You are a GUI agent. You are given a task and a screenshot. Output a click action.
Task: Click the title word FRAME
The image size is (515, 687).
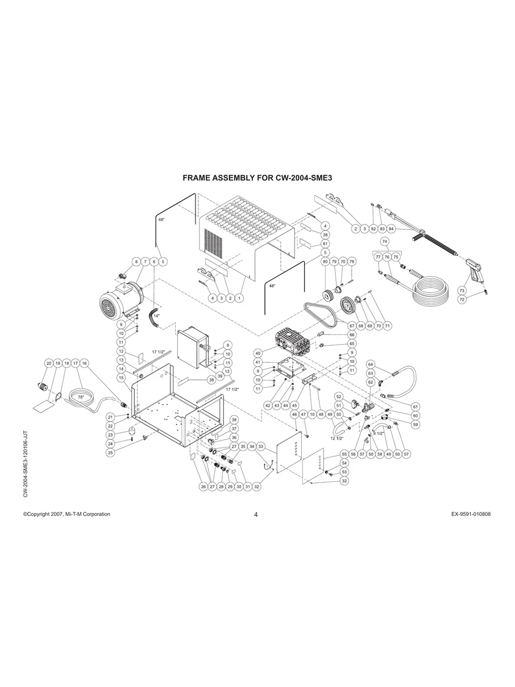[196, 178]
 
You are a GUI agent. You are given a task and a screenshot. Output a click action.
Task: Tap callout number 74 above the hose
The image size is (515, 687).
[385, 242]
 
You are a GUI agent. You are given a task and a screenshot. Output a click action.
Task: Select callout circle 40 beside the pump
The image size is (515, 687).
[257, 353]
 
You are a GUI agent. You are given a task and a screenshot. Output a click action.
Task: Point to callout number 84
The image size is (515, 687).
[391, 229]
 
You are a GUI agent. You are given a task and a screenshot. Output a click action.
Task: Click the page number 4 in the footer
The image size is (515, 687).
[256, 515]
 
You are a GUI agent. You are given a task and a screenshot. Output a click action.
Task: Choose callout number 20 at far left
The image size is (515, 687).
[49, 363]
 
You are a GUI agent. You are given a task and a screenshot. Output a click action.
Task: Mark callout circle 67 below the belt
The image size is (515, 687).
[352, 326]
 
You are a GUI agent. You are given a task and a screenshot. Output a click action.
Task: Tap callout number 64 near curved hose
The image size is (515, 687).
[370, 364]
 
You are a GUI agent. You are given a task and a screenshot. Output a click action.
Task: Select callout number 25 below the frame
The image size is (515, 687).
[111, 452]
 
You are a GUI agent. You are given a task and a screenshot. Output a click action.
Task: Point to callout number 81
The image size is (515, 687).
[326, 244]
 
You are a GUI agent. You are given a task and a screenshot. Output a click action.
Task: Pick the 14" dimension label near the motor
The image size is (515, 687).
[156, 316]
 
